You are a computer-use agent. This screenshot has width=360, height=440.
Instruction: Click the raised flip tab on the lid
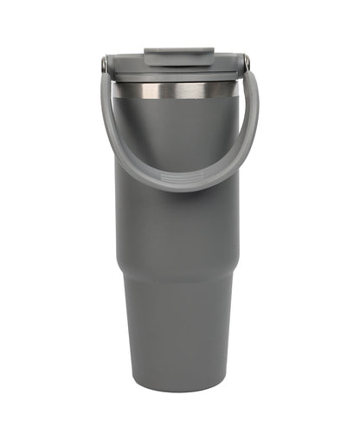pos(179,57)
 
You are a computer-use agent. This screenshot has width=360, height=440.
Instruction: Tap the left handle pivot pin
pos(106,63)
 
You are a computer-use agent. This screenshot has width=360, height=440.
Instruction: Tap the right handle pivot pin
pos(246,62)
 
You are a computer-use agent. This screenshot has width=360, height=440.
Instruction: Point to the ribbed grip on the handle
pos(179,179)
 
